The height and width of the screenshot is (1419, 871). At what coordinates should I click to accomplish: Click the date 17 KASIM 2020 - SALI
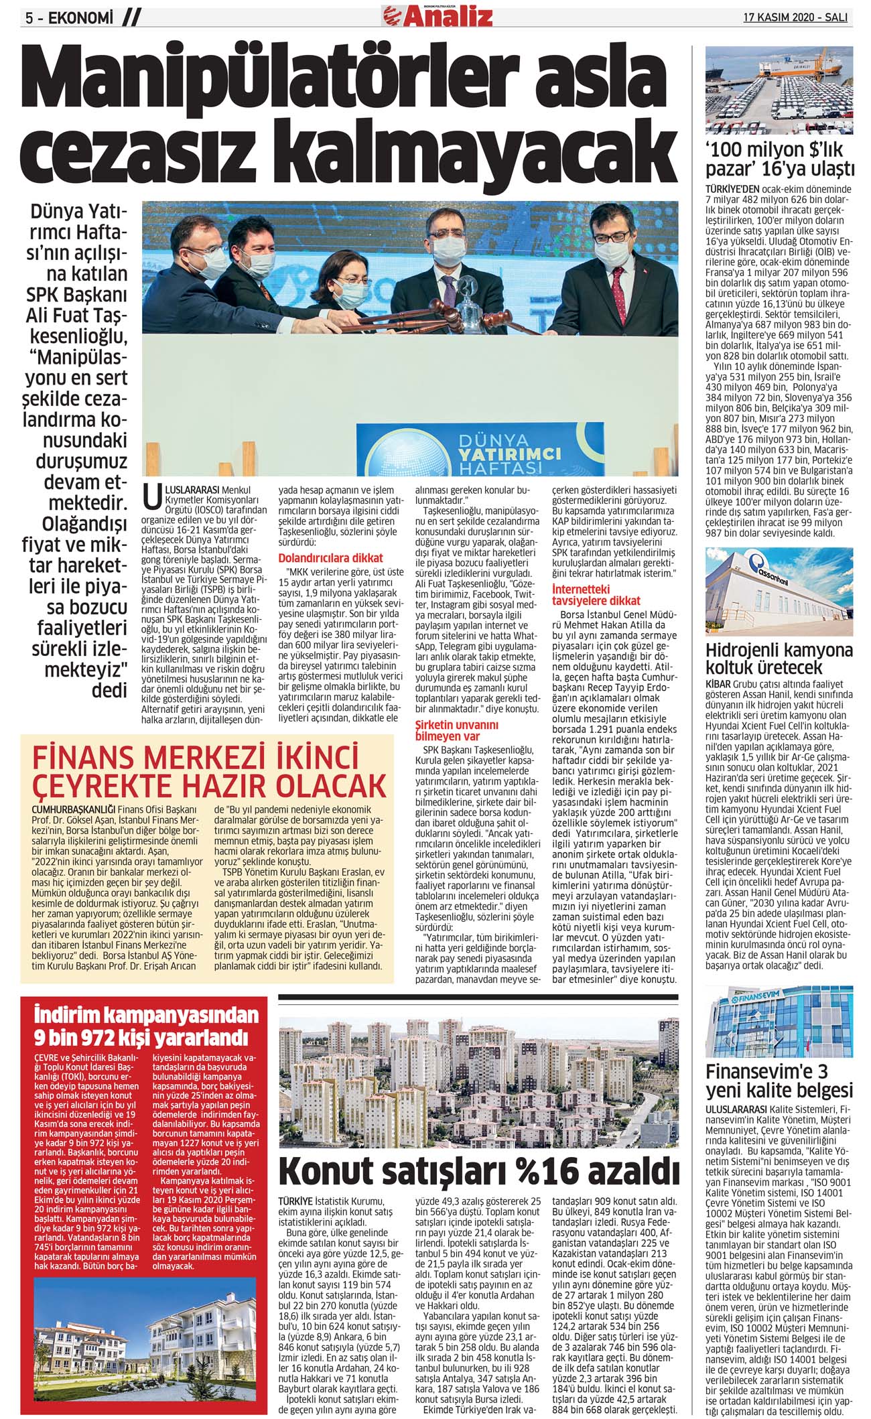795,17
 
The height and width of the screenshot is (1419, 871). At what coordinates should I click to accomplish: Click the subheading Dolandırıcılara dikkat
330,557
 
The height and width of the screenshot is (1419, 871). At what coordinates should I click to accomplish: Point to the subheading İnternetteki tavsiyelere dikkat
596,595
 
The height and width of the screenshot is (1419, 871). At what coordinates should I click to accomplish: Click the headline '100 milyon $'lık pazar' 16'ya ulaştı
779,157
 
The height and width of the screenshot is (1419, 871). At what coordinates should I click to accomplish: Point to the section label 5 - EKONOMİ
67,18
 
